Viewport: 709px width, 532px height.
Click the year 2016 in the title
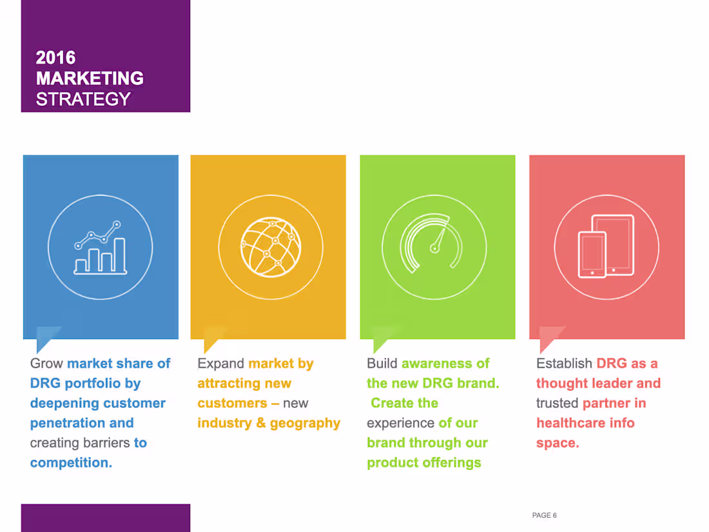(x=55, y=57)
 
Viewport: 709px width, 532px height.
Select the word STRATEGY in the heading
(x=83, y=99)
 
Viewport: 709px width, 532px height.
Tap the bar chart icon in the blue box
(x=100, y=249)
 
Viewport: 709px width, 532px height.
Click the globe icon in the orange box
(x=270, y=248)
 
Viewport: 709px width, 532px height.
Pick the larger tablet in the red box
(x=614, y=243)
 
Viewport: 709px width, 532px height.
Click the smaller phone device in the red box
(x=592, y=254)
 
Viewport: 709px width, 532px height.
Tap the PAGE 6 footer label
(x=544, y=515)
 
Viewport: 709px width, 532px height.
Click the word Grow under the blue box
(x=46, y=364)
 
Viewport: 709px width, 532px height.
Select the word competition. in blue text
(x=71, y=463)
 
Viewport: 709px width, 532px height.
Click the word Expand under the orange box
(x=220, y=364)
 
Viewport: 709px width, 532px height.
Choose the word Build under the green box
(x=382, y=364)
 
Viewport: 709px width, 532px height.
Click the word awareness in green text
(x=436, y=364)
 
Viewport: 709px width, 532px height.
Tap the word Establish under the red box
(x=564, y=364)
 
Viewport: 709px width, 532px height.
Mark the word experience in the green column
(x=400, y=423)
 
